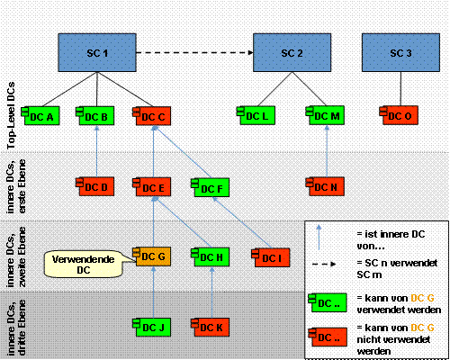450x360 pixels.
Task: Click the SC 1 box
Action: click(97, 52)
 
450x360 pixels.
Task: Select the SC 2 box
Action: click(292, 52)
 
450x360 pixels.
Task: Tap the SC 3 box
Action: click(400, 52)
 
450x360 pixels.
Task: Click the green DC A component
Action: click(40, 115)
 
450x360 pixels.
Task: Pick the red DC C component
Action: click(152, 116)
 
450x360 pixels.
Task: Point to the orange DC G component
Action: click(152, 256)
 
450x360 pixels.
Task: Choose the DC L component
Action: click(256, 115)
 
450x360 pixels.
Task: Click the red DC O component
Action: click(399, 115)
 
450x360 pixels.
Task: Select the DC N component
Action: click(325, 186)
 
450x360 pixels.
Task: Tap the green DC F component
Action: click(211, 187)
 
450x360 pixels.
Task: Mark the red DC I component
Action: click(271, 257)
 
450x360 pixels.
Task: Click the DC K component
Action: click(211, 328)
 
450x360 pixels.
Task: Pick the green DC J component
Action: click(152, 328)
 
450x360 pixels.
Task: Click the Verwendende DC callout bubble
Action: click(84, 264)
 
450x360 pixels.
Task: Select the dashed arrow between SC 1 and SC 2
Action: click(194, 53)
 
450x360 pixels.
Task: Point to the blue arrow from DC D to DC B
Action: click(96, 151)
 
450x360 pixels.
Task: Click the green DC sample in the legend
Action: click(328, 302)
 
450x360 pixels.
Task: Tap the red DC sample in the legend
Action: click(328, 337)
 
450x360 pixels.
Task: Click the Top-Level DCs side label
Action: click(11, 115)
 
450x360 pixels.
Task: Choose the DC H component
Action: click(211, 256)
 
